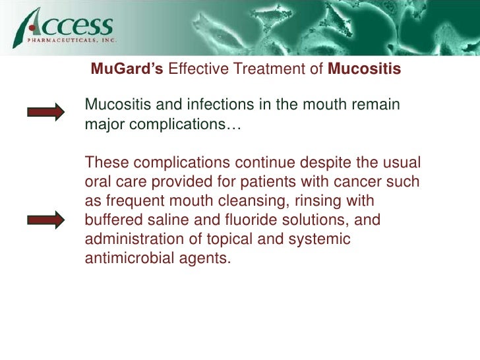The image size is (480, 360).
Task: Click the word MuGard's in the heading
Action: click(127, 69)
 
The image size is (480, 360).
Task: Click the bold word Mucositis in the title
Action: click(364, 69)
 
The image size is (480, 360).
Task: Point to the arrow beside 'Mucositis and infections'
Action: click(45, 112)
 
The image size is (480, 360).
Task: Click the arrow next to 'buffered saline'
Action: click(45, 219)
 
